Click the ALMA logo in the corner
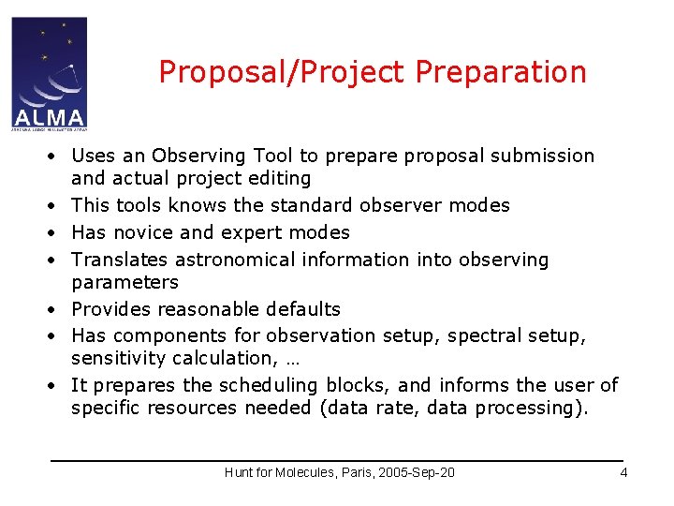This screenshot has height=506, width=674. click(49, 73)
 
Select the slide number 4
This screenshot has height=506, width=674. click(623, 472)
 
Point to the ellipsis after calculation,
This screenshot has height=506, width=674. click(285, 359)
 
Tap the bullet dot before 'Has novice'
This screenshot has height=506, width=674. click(57, 232)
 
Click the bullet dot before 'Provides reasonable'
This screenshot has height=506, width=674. click(57, 309)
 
